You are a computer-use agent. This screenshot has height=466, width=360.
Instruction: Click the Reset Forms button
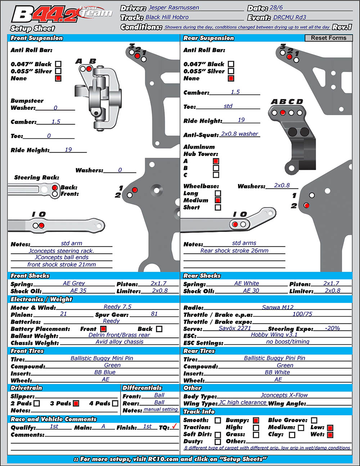coord(328,38)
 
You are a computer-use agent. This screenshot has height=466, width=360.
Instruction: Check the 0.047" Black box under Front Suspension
coord(58,64)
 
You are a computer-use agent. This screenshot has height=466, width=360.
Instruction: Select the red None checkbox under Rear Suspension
coord(231,78)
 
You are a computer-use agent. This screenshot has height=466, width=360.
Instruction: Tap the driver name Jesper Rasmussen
coord(174,8)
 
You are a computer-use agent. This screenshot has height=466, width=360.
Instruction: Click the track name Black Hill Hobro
coord(167,17)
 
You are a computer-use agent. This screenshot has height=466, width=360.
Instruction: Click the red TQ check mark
coord(175,426)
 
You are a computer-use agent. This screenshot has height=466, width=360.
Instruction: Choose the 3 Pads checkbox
coord(76,403)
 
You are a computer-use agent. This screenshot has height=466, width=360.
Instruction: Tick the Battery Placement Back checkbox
coord(159,329)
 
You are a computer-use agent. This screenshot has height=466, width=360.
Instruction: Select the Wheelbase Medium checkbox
coord(218,200)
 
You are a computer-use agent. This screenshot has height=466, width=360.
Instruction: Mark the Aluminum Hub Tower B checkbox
coord(216,168)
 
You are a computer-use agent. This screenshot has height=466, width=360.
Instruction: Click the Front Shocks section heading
coord(30,275)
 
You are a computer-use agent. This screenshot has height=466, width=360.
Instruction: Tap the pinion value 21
coord(63,314)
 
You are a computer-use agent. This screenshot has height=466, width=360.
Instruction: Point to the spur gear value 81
coord(154,314)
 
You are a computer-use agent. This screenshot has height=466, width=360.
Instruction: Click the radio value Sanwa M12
coord(278,307)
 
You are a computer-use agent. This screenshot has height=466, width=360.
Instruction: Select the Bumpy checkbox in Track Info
coord(256,420)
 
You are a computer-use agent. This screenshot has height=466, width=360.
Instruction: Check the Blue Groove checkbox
coord(314,420)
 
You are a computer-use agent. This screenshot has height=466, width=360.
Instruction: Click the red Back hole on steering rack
coord(55,188)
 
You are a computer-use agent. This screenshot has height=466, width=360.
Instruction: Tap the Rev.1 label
coord(342,27)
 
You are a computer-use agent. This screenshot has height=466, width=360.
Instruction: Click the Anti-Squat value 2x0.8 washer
coord(239,134)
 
